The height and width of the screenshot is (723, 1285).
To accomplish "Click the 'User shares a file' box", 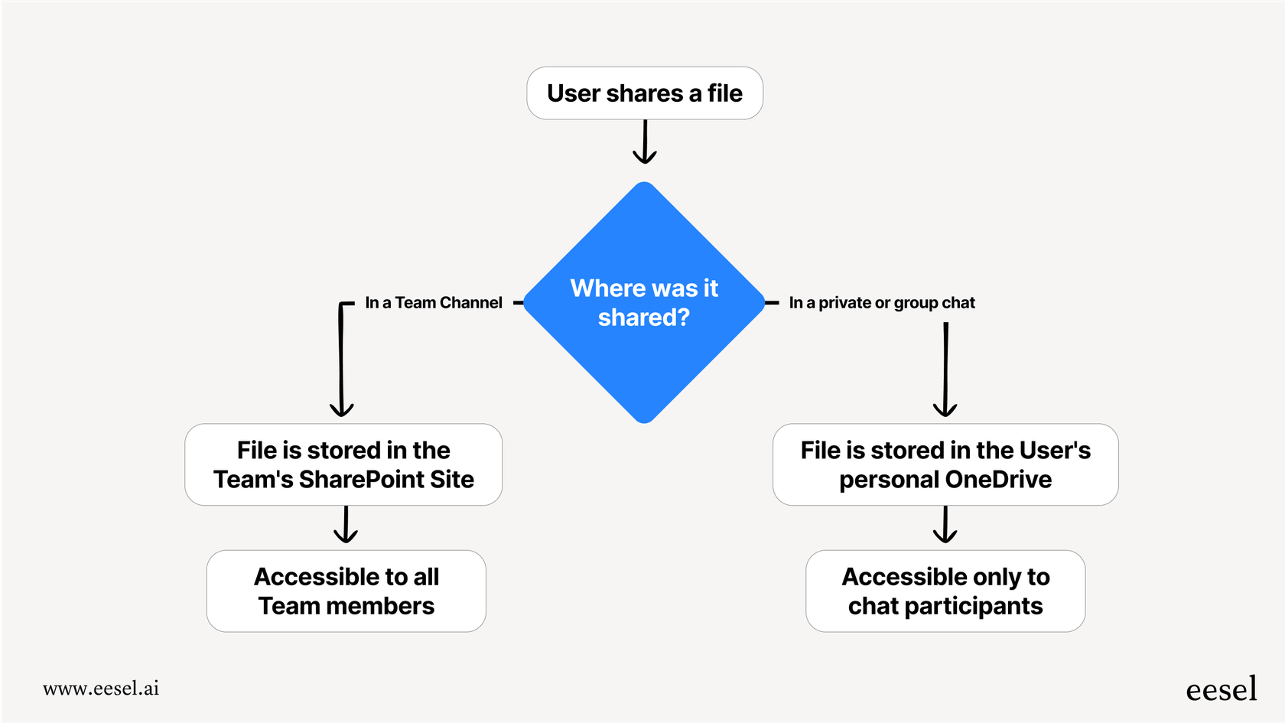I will point(645,93).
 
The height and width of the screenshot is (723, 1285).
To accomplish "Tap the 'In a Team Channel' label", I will point(434,303).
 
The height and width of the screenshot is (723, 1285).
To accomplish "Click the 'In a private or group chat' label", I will point(882,303).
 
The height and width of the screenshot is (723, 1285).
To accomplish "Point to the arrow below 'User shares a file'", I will point(645,142).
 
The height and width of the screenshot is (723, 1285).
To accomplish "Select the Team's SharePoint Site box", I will point(343,464).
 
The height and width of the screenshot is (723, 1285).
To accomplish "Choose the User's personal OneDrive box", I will point(945,464).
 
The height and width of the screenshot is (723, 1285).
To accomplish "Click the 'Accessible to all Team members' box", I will point(346,591).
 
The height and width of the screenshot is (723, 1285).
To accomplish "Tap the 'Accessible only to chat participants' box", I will point(945,591).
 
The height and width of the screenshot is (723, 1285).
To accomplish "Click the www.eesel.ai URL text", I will point(101,689).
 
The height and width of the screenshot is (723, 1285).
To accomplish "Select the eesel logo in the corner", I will point(1221,689).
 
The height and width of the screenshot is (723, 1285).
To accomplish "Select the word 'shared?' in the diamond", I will point(644,318).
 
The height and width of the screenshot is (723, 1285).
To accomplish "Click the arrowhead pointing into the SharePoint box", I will point(341,410).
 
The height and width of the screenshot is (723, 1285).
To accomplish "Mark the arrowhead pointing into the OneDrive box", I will point(945,410).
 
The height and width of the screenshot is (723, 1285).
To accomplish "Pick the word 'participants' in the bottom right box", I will point(973,607).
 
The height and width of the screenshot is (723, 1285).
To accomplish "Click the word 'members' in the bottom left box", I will point(379,607).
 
